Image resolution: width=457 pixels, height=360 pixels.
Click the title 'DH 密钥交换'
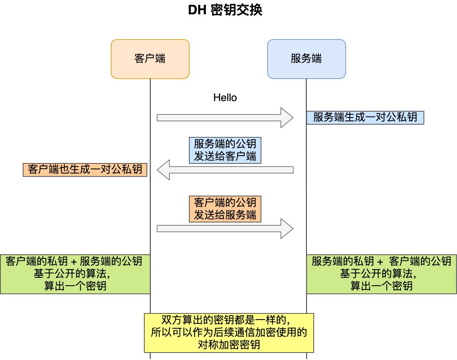tap(225, 10)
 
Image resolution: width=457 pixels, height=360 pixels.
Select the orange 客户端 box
tap(150, 59)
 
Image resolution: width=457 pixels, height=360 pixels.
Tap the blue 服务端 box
tap(306, 59)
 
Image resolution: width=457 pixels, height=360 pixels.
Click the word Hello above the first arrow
tap(225, 98)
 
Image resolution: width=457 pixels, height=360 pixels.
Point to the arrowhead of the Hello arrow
tap(288, 117)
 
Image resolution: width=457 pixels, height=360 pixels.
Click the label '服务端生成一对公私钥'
tap(365, 117)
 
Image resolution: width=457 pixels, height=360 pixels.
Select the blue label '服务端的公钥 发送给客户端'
tap(225, 150)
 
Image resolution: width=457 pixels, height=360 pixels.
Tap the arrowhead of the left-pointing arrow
tap(163, 170)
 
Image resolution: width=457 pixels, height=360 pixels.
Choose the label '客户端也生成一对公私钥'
tap(85, 170)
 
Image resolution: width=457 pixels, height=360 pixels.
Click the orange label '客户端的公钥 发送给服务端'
tap(225, 209)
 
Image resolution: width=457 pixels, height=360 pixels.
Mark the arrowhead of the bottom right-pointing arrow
tap(288, 229)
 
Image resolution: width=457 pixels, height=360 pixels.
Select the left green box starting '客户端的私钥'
tap(75, 274)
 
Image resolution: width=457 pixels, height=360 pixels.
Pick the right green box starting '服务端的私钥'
tap(381, 274)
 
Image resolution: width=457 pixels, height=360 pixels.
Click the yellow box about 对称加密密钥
tap(229, 333)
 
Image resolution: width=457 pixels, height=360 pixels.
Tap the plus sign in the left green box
tap(73, 262)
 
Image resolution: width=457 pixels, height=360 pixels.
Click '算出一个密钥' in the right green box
tap(381, 286)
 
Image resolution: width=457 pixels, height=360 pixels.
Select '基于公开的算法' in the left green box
tap(72, 273)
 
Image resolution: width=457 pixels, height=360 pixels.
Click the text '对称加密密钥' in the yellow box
tap(229, 345)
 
